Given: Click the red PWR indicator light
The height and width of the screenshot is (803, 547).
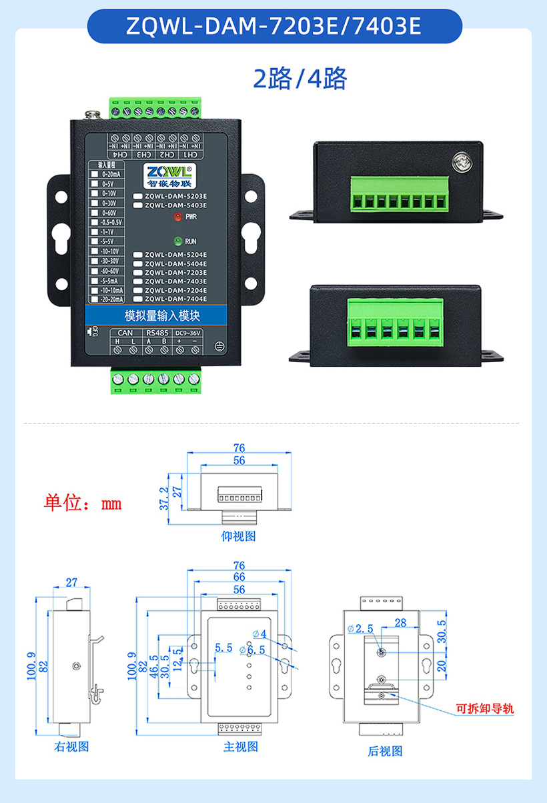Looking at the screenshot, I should coord(178,217).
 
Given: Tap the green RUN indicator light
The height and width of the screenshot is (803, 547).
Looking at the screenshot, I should coord(178,241).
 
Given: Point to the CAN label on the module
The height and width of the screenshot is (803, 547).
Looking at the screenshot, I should coord(125,332).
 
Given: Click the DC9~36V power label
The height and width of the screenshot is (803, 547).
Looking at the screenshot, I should coord(187,332).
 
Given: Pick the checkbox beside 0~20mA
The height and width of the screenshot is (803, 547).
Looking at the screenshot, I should coord(95,173).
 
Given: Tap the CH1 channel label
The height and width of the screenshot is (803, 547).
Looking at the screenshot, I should coord(191,155).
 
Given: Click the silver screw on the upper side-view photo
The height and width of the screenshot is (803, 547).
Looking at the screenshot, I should coord(461,161).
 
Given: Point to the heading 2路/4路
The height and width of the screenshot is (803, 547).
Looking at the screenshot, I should coord(300,79).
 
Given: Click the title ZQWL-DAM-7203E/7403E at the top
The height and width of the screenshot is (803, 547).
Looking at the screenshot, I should coord(274,26).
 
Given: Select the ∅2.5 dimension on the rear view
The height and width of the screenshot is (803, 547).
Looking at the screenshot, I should coord(360,628).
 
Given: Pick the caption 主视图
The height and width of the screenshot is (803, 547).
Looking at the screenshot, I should coord(241,747).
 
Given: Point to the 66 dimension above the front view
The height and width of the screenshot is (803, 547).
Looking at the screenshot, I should coord(239,577).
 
